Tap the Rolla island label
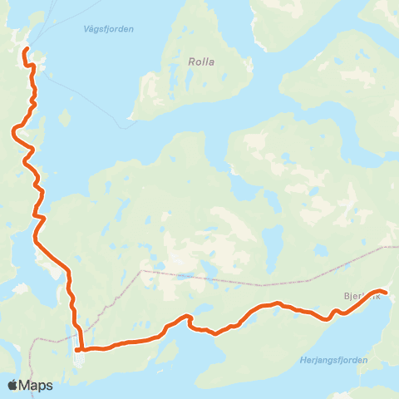click(201, 61)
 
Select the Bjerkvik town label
click(361, 296)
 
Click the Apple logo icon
click(13, 385)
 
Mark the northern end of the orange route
click(25, 51)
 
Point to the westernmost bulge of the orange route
click(13, 129)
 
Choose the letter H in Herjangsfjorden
click(300, 360)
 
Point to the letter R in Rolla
click(191, 61)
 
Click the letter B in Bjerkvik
click(346, 296)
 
